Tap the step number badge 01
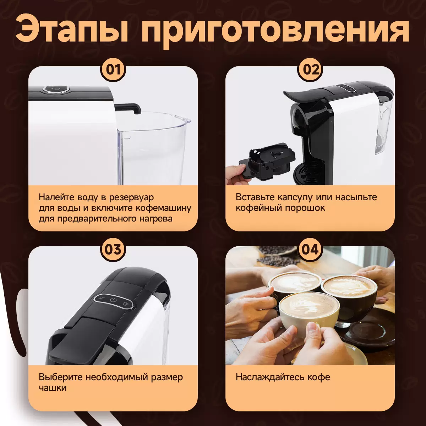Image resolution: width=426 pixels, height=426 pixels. click(x=113, y=70)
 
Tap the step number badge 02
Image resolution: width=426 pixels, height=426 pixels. click(x=310, y=70)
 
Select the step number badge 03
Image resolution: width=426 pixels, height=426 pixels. click(x=113, y=250)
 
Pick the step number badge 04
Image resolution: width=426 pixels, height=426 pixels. click(x=310, y=250)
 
